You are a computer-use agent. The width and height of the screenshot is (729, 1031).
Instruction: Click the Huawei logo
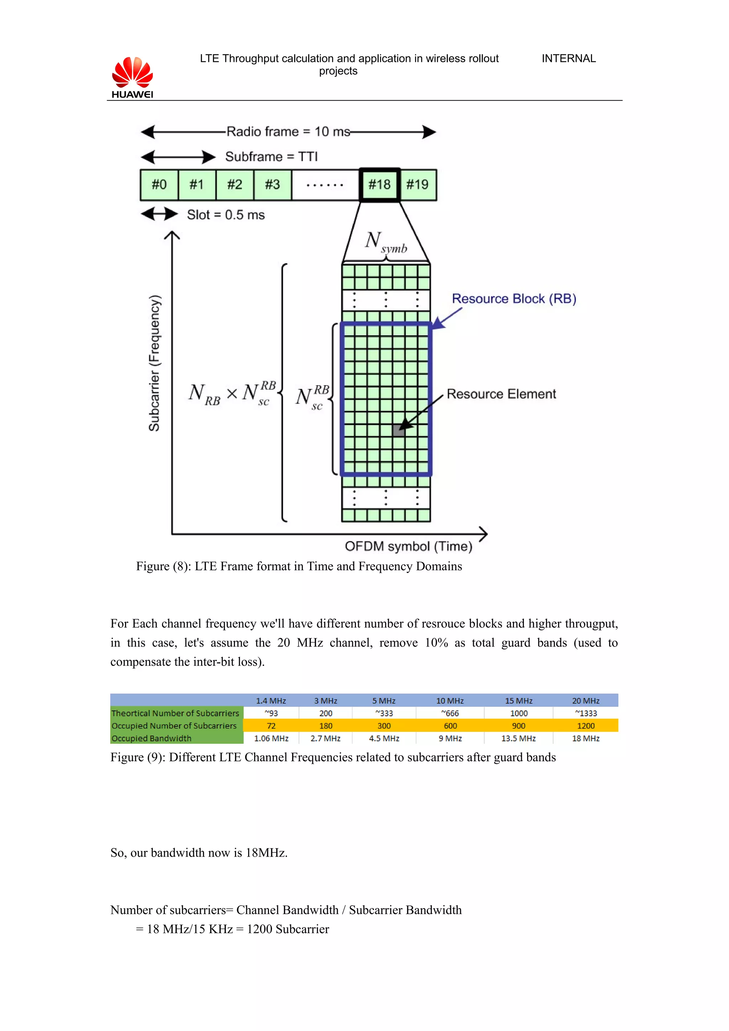[x=132, y=77]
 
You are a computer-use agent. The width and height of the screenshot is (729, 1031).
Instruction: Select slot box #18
[x=379, y=185]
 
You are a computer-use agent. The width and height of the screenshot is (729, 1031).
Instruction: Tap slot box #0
[x=159, y=185]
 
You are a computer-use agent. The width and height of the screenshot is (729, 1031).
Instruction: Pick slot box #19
[x=417, y=185]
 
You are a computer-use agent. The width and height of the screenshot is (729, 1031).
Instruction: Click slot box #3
[x=272, y=185]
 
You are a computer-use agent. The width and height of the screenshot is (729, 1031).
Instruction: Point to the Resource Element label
[x=501, y=394]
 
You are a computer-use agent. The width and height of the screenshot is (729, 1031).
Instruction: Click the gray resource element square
[x=398, y=430]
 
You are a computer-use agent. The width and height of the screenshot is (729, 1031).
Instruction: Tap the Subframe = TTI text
[x=271, y=157]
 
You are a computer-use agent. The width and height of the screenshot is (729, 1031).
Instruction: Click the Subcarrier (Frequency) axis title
[x=154, y=363]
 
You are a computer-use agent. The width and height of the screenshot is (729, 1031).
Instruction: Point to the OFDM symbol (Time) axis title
[x=408, y=546]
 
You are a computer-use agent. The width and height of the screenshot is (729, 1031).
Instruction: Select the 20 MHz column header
[x=585, y=700]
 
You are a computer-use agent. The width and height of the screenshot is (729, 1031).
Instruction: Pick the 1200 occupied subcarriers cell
[x=585, y=726]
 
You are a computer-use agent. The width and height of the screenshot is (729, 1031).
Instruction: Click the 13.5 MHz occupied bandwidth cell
[x=518, y=738]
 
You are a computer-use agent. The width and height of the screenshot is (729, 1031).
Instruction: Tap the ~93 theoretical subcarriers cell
[x=271, y=713]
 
